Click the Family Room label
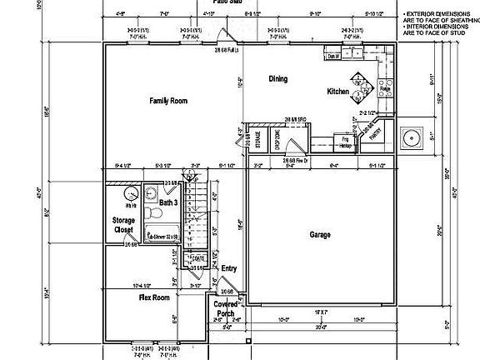coord(168,101)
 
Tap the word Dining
coord(277,79)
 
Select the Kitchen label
coord(337,91)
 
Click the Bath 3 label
coord(168,202)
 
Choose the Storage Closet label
coord(124,224)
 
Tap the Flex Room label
coord(154,297)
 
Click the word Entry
coord(229,269)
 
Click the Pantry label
coord(376,131)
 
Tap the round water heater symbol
coord(130,197)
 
